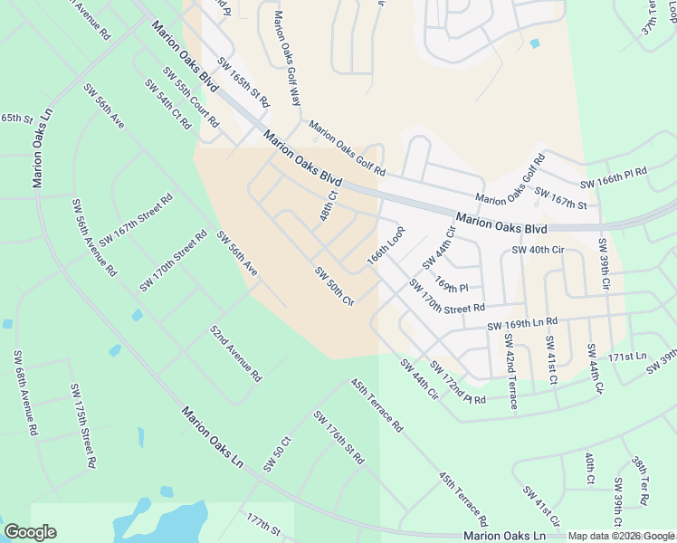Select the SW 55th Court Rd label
pyautogui.click(x=190, y=98)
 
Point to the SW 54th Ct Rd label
pyautogui.click(x=167, y=103)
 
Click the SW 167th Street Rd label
pyautogui.click(x=136, y=220)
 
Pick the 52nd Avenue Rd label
pyautogui.click(x=235, y=353)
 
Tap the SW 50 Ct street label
pyautogui.click(x=276, y=452)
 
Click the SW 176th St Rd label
pyautogui.click(x=338, y=437)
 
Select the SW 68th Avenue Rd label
pyautogui.click(x=24, y=395)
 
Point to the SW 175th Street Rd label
pyautogui.click(x=82, y=424)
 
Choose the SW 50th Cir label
pyautogui.click(x=333, y=286)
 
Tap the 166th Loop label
pyautogui.click(x=384, y=245)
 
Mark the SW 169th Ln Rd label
pyautogui.click(x=523, y=323)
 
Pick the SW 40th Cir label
pyautogui.click(x=538, y=250)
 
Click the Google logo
pyautogui.click(x=30, y=532)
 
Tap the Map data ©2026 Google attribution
pyautogui.click(x=621, y=536)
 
